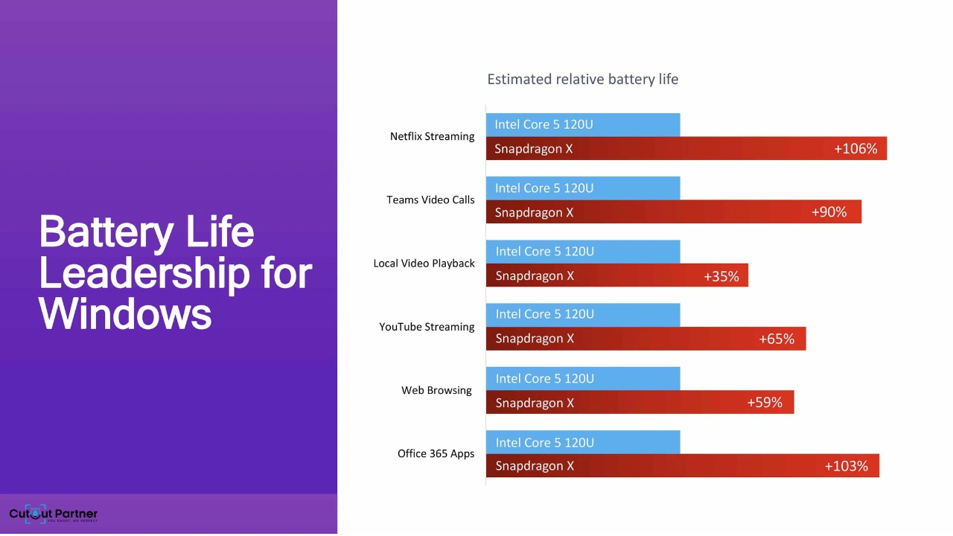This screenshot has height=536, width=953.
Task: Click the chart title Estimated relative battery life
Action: coord(582,79)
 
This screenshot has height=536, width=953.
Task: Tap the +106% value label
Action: coord(855,149)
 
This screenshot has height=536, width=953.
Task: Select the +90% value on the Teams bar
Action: coord(829,212)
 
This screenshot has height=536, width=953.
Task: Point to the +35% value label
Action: coord(721,276)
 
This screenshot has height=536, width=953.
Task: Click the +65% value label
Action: coord(776,339)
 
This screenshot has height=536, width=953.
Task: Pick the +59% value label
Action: coord(764,403)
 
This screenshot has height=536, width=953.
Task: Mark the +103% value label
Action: coord(846,466)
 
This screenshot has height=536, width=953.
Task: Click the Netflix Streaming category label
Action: coord(432,136)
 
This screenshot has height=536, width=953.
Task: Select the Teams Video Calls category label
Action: coord(430,200)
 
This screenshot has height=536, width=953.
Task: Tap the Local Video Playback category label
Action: coord(424,264)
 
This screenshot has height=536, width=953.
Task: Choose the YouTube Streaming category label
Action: coord(427,327)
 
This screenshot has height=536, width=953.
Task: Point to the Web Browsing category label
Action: coord(436,390)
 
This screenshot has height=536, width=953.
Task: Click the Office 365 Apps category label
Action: coord(436,453)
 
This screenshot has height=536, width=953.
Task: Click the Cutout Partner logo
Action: coord(53,514)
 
